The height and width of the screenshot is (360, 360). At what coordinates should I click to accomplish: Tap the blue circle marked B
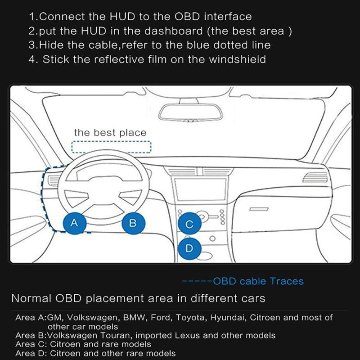click(x=133, y=222)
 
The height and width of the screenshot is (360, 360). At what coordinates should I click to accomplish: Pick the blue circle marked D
click(x=189, y=248)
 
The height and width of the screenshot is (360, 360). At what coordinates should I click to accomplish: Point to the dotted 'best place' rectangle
click(x=112, y=147)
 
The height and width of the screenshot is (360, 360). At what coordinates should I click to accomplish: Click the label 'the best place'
click(x=110, y=133)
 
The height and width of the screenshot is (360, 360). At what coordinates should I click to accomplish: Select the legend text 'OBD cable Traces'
click(x=258, y=282)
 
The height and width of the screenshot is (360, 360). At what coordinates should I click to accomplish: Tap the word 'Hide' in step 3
click(x=50, y=45)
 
